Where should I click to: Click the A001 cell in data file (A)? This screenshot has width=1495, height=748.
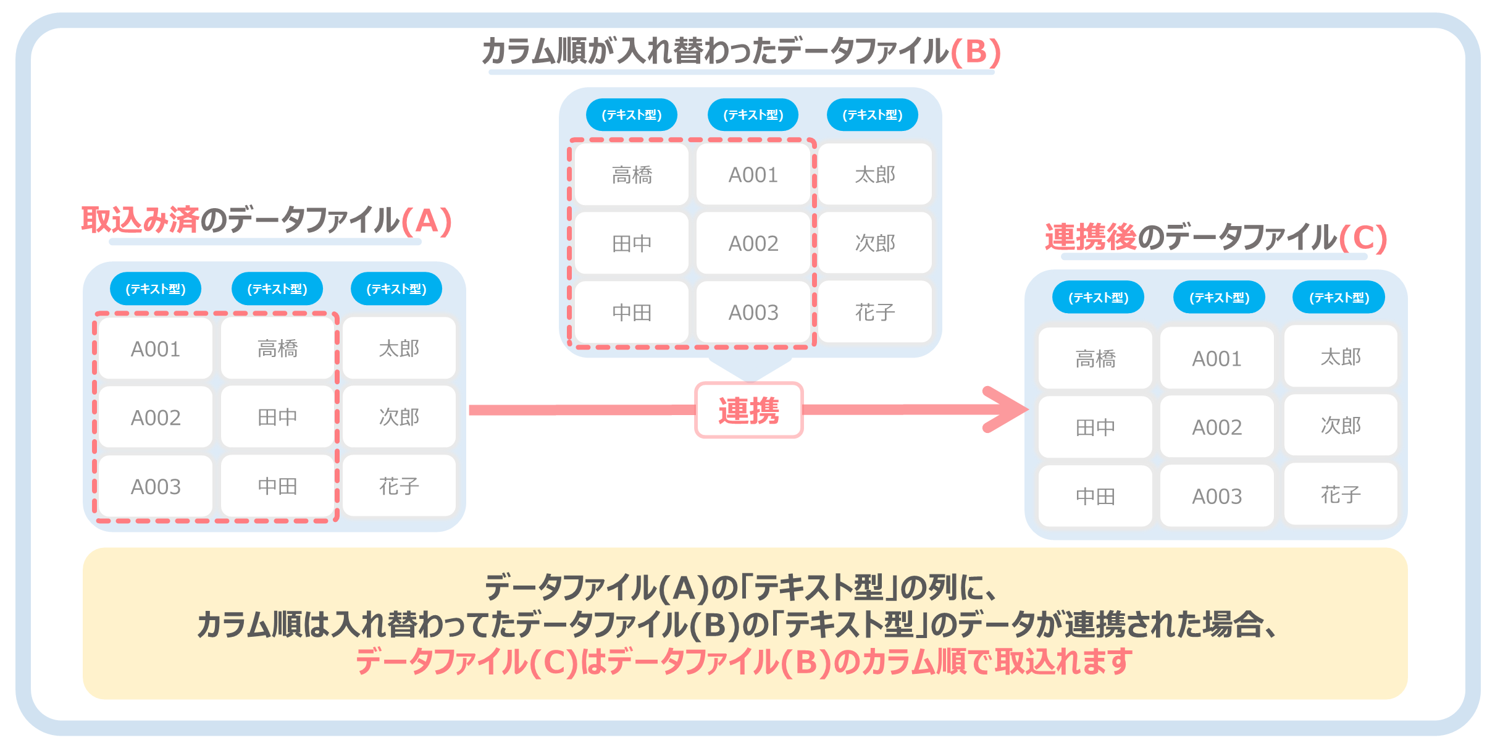[156, 349]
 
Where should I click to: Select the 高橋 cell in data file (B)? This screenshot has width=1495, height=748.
[632, 175]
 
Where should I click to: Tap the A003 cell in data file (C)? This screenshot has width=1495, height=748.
[1217, 496]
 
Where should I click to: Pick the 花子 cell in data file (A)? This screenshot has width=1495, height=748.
[399, 486]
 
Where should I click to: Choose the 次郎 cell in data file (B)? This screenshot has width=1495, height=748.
[875, 243]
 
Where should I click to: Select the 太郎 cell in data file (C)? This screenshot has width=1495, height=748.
[1341, 357]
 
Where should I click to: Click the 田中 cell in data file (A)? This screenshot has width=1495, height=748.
[277, 418]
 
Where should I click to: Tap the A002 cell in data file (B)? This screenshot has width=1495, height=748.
[753, 243]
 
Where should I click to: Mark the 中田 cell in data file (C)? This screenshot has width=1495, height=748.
[1095, 496]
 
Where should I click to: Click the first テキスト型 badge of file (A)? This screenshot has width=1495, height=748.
[156, 289]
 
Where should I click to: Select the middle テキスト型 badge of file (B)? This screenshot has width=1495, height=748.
[753, 115]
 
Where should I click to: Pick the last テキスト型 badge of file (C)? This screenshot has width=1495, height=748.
[1339, 298]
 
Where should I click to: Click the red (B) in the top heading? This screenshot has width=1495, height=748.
[976, 51]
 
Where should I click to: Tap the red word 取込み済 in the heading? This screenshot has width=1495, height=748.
[140, 220]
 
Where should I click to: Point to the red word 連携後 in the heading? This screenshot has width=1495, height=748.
[1091, 237]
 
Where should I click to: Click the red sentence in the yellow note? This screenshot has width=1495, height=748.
[744, 662]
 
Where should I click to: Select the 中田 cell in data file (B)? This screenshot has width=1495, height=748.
[632, 313]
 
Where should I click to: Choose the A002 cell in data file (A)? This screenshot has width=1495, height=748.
[156, 418]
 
